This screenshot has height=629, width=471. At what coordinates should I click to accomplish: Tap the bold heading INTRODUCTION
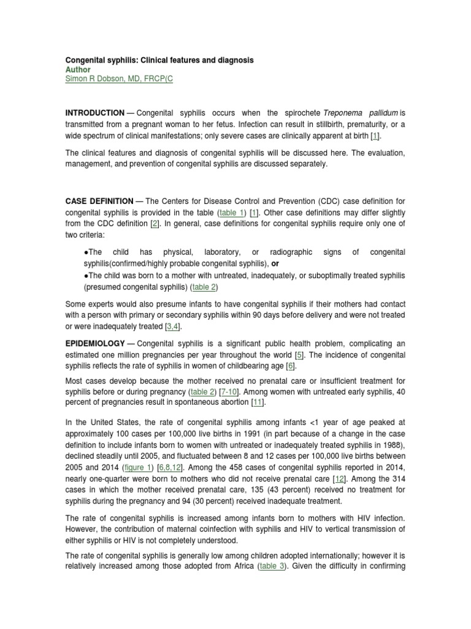point(94,113)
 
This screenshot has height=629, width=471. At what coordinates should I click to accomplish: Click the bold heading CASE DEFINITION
point(99,201)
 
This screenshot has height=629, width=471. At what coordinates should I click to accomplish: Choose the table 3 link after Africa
point(272,567)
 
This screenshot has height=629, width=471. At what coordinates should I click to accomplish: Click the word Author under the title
point(78,70)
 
